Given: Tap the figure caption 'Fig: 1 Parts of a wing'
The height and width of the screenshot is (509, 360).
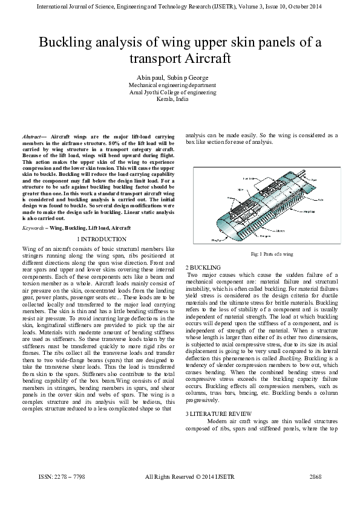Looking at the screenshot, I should tap(263, 254).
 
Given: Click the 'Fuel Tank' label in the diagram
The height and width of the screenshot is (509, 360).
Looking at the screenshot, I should tap(249, 178).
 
